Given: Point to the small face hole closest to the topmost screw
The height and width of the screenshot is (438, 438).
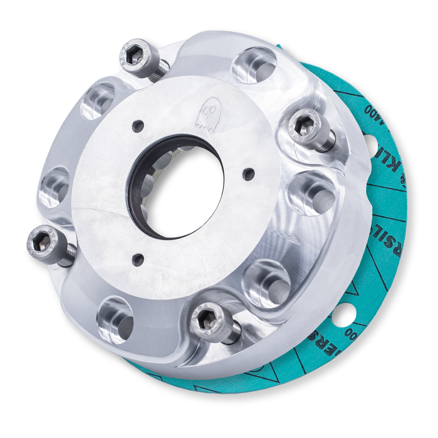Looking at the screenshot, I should pos(138,125).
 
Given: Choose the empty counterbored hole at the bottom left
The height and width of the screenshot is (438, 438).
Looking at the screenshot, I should pos(115,316).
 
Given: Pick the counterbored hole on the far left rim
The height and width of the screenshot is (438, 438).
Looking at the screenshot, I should pos(55,186).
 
